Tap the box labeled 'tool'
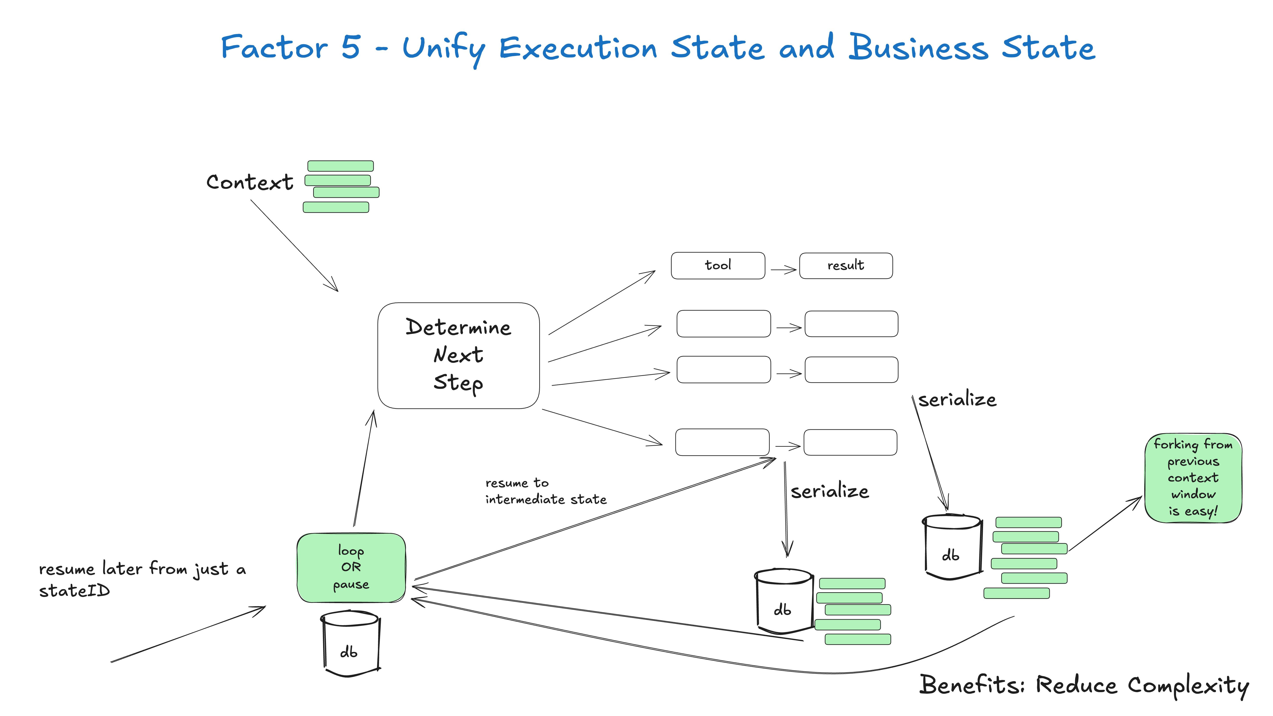718,265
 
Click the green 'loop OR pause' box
351,567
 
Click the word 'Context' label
250,182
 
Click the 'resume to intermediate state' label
545,491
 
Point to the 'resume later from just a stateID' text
142,579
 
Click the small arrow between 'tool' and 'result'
783,270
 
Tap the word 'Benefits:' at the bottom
971,685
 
